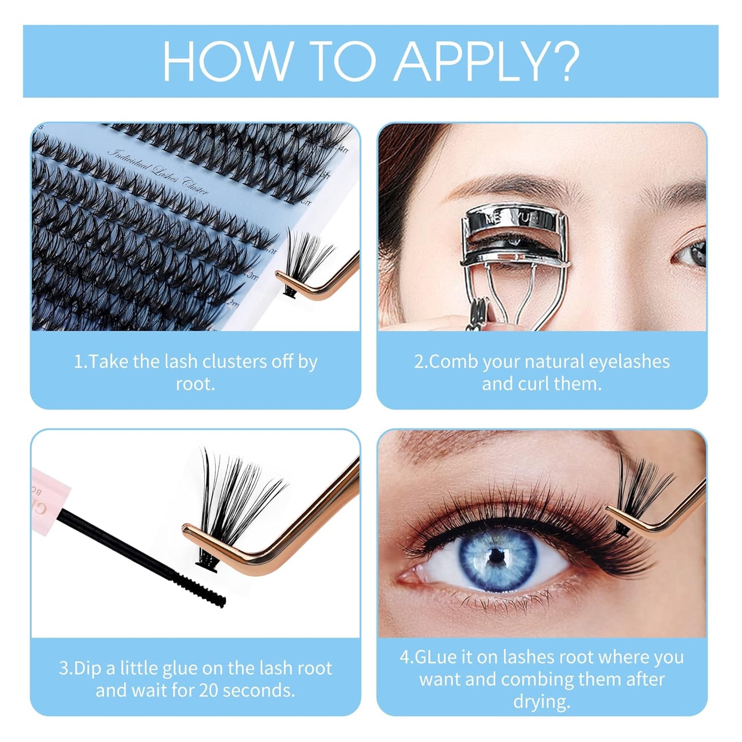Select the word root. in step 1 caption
click(x=195, y=384)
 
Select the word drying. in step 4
click(x=542, y=701)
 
